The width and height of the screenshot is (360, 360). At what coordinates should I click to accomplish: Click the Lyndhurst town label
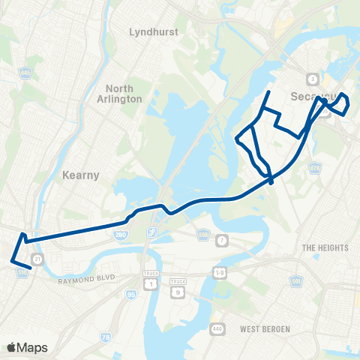(x=151, y=32)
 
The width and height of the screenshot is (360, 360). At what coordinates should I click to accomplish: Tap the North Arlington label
(x=118, y=93)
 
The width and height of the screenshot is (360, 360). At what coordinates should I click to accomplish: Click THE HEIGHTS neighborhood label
(x=322, y=247)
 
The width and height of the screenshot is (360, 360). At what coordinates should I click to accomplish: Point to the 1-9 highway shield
(x=220, y=268)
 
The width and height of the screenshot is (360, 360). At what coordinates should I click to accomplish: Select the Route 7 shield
(x=222, y=240)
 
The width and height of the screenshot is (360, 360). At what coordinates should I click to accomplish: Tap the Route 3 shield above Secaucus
(x=310, y=79)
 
